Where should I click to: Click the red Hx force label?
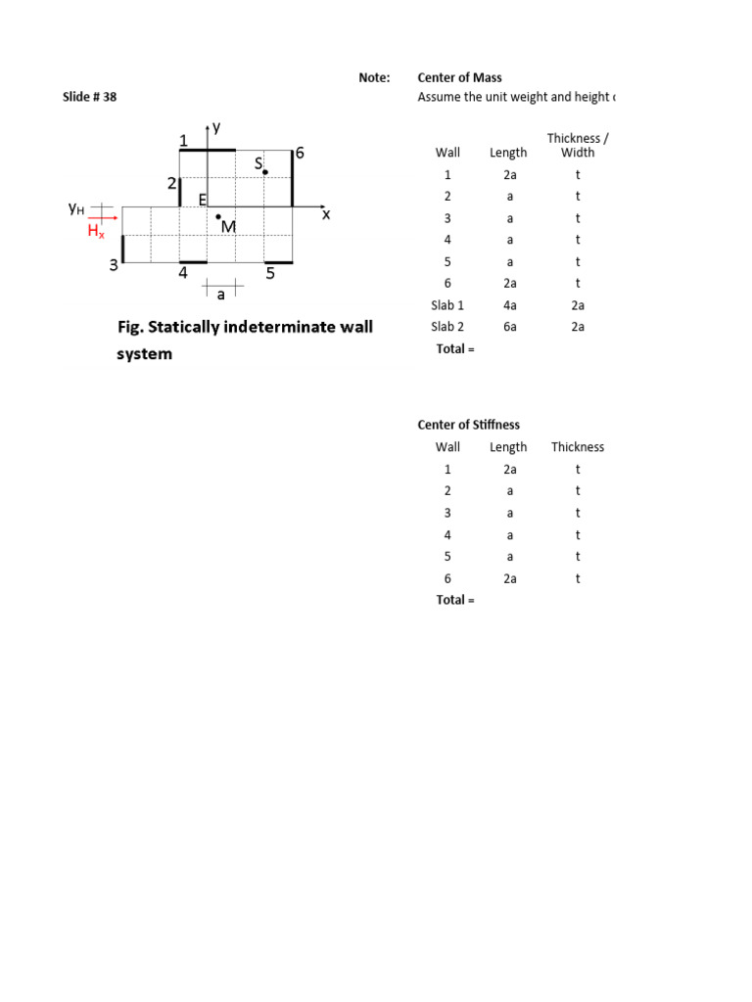click(x=96, y=232)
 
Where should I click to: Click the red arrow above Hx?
click(x=103, y=219)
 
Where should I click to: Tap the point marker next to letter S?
click(x=265, y=172)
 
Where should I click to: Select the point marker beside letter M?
click(x=218, y=216)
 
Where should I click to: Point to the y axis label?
click(x=216, y=127)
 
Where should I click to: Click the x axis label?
click(x=326, y=214)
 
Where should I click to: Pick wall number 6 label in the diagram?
click(x=300, y=154)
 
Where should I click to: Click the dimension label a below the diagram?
click(x=221, y=294)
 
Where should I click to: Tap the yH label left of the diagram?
click(x=75, y=207)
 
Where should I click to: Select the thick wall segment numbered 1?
click(x=207, y=151)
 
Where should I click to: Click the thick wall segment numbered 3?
click(x=122, y=249)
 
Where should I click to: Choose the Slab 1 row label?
click(x=447, y=305)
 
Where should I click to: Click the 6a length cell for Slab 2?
click(x=509, y=327)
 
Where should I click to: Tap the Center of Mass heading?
click(x=459, y=77)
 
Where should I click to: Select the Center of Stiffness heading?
click(x=468, y=425)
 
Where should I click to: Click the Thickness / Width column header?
click(x=578, y=146)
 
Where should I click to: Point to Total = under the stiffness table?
click(x=454, y=600)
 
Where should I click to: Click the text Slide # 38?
click(x=89, y=97)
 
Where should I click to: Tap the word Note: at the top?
click(x=374, y=77)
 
